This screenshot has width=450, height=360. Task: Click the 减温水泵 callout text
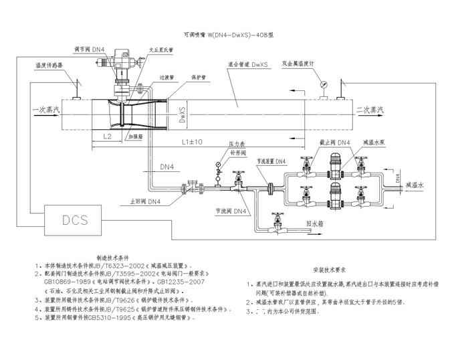(374, 143)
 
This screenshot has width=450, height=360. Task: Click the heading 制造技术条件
(117, 257)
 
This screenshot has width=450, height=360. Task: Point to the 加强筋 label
(136, 134)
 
